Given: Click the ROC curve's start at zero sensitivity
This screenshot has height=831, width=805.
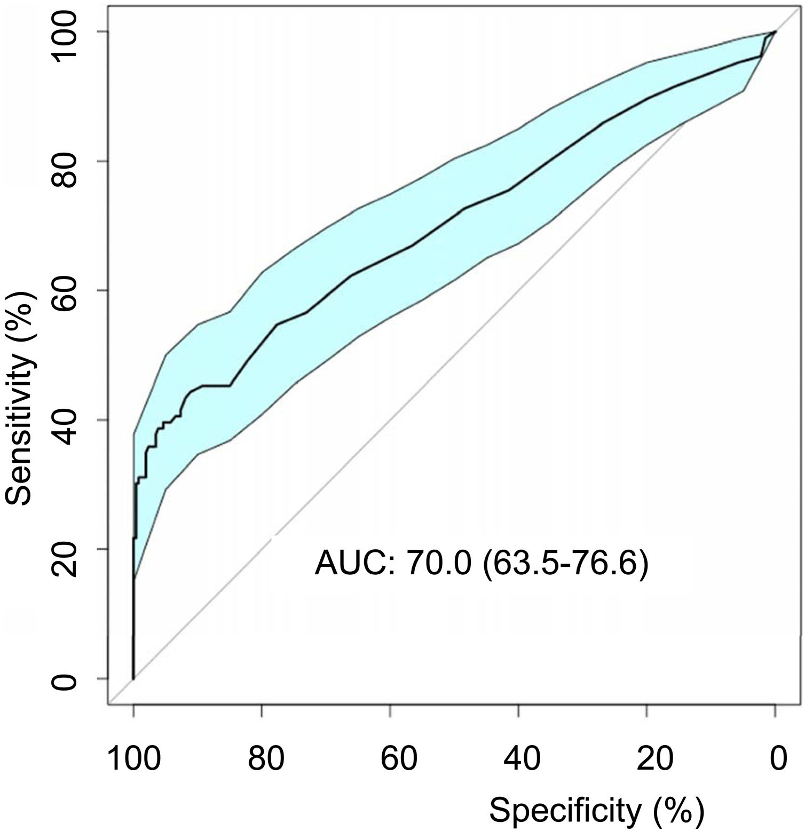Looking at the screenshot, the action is [x=133, y=678].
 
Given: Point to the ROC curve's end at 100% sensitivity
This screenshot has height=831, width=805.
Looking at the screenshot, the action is [x=775, y=32].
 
